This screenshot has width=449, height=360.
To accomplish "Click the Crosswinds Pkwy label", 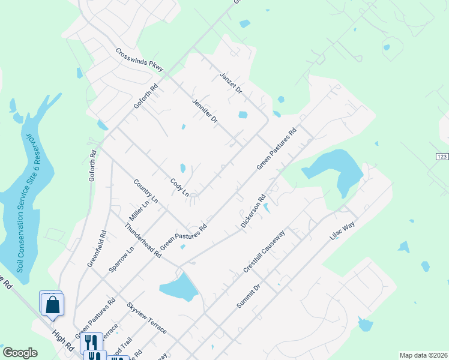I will click(139, 60).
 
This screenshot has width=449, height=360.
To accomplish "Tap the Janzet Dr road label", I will click(230, 82).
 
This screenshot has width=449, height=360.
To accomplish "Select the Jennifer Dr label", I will click(204, 110).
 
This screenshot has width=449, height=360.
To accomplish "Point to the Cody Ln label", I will click(179, 187).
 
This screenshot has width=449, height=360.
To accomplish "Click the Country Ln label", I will click(146, 190).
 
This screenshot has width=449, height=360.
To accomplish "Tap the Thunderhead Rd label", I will click(143, 240).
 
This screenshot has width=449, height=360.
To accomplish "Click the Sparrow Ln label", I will click(121, 259).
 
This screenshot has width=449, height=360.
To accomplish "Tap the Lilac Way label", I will click(342, 230).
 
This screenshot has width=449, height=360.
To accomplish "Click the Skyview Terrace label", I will click(147, 318).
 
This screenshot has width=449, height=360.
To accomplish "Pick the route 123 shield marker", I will click(442, 156).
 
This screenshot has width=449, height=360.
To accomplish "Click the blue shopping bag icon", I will click(53, 304).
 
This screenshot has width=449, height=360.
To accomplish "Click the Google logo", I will click(20, 353).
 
